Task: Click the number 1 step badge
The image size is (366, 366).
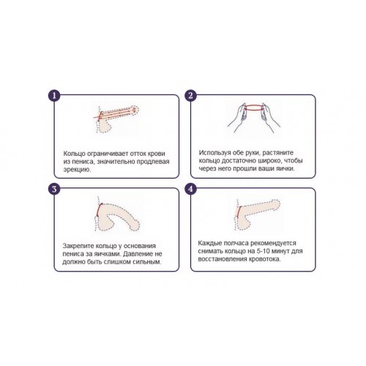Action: (x=54, y=95)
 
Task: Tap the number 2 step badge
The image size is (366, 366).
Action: (x=190, y=95)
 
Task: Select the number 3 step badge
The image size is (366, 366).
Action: (x=54, y=189)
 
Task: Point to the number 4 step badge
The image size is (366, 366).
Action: (x=190, y=189)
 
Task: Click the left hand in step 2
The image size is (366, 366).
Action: (x=238, y=118)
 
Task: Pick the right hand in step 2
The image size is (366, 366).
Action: (x=270, y=118)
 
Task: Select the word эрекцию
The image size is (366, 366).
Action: (x=77, y=170)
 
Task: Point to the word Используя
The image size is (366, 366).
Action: (x=214, y=153)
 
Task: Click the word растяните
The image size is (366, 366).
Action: (x=278, y=153)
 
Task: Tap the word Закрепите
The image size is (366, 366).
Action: (x=78, y=246)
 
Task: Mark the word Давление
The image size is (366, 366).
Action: (x=139, y=254)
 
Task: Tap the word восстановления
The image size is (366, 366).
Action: (x=222, y=259)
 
